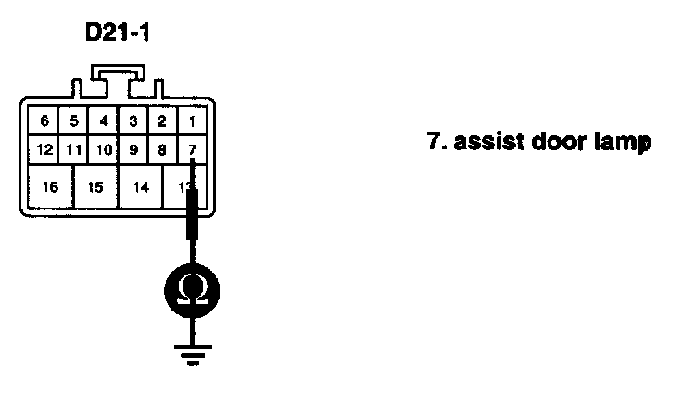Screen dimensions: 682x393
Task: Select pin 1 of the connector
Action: [x=193, y=120]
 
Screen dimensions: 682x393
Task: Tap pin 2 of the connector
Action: [x=162, y=120]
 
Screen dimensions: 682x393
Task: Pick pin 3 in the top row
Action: [x=133, y=120]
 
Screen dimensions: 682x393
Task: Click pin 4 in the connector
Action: [x=104, y=120]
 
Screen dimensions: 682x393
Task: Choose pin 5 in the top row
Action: [x=74, y=120]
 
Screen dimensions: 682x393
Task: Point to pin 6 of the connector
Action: [x=44, y=120]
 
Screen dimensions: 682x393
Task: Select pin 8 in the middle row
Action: [x=162, y=148]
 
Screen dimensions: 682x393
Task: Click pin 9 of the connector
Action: [x=133, y=148]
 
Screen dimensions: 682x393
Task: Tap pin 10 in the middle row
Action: [x=104, y=148]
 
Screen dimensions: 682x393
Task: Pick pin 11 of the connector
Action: [x=74, y=148]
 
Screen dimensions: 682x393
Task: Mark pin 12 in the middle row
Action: [x=44, y=148]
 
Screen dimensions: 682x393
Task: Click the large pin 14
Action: [x=141, y=186]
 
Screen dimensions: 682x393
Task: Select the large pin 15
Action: [x=95, y=186]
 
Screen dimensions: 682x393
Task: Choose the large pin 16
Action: [x=50, y=186]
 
